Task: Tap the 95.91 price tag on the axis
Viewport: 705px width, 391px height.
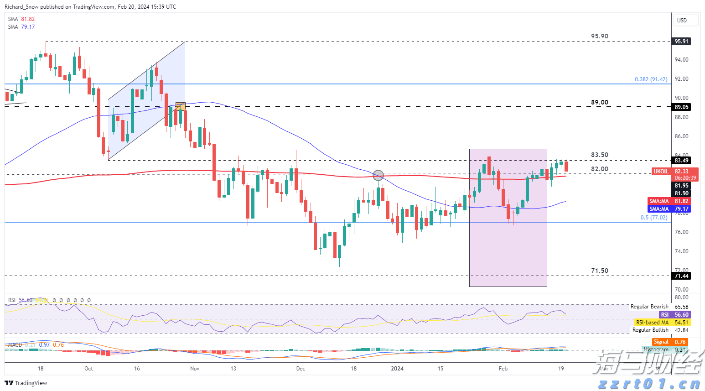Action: (x=681, y=42)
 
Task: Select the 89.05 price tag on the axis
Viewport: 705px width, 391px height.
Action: (x=681, y=107)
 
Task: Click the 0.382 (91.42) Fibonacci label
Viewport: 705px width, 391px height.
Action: (x=651, y=79)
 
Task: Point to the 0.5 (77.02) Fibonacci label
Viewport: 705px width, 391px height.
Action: (x=653, y=218)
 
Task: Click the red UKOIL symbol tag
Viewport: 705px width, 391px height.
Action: (x=661, y=172)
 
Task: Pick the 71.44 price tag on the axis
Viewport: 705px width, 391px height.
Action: (x=681, y=276)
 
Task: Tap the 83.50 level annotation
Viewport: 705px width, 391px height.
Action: (x=599, y=155)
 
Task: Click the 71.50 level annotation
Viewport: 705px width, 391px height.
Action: (x=599, y=271)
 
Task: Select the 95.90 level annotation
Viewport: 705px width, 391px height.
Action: (x=599, y=36)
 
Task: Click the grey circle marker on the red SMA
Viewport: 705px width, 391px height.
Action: (x=378, y=175)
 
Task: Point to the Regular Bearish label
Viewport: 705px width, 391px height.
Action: (x=649, y=307)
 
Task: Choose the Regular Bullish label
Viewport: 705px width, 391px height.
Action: (x=650, y=330)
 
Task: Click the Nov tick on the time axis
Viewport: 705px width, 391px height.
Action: (x=195, y=369)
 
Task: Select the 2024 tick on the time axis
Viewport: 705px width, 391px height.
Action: (x=397, y=369)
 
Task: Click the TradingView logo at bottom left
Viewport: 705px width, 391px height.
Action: (x=26, y=383)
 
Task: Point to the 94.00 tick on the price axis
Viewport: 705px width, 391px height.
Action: (x=681, y=60)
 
